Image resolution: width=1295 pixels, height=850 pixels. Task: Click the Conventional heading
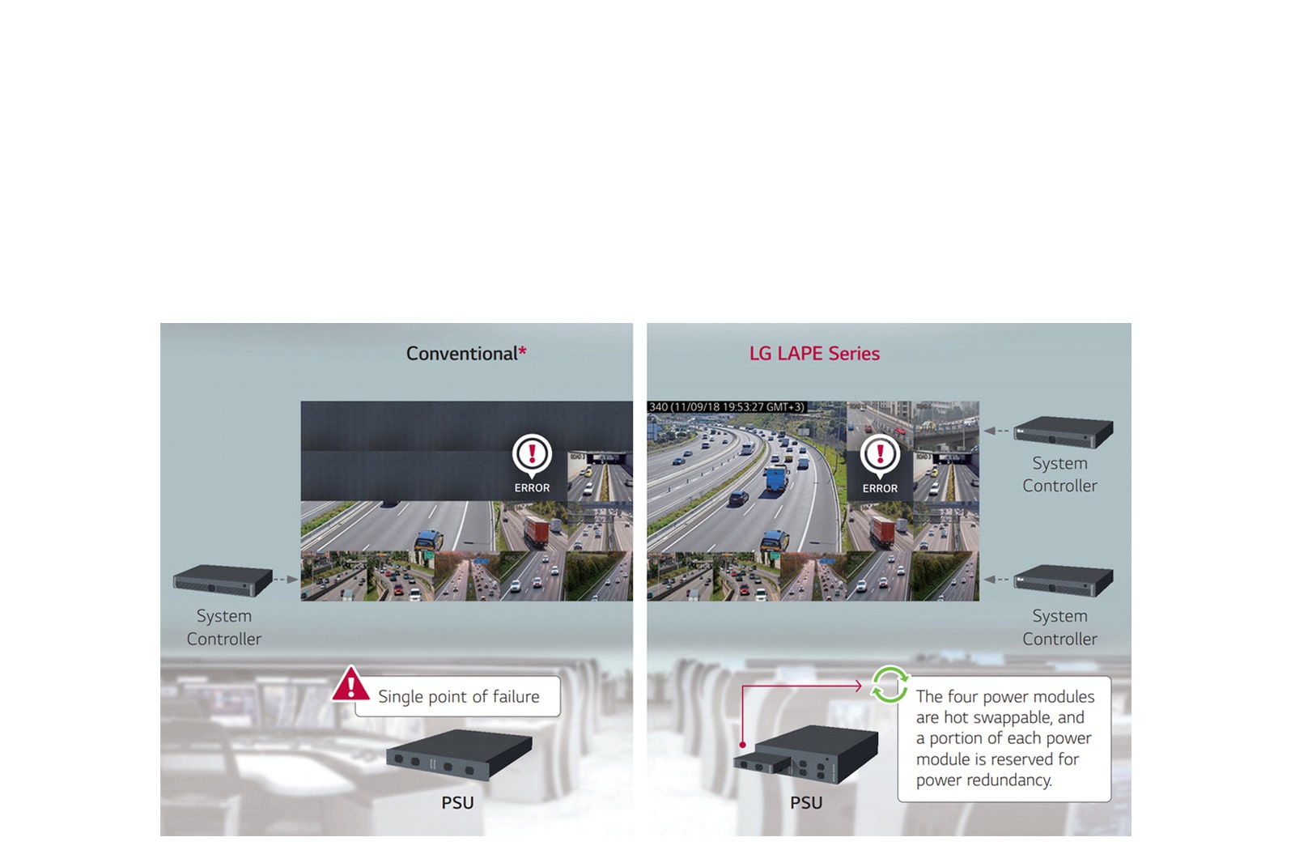click(461, 354)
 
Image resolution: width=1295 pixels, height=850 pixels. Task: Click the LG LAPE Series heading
click(814, 354)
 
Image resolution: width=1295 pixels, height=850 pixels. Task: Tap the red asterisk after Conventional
click(523, 351)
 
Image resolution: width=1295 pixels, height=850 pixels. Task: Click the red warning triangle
click(350, 685)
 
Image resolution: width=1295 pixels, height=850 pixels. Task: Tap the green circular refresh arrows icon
click(890, 685)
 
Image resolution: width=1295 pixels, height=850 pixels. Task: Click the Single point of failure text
click(458, 697)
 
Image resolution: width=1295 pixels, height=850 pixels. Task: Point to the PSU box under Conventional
click(459, 754)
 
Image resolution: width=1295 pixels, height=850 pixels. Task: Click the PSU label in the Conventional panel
click(457, 803)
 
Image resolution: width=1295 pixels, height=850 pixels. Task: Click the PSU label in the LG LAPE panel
click(806, 803)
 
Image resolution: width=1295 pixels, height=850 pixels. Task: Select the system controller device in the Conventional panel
click(223, 580)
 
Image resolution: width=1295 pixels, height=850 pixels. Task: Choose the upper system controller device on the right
click(1064, 431)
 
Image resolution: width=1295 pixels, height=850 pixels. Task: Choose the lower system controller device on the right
click(1064, 580)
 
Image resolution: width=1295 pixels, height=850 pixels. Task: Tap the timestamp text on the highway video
click(727, 407)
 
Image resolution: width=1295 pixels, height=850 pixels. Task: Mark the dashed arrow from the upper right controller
click(996, 431)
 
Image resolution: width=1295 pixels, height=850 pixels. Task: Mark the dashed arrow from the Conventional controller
click(286, 580)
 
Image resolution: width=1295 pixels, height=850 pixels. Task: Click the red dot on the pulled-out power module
click(742, 745)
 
